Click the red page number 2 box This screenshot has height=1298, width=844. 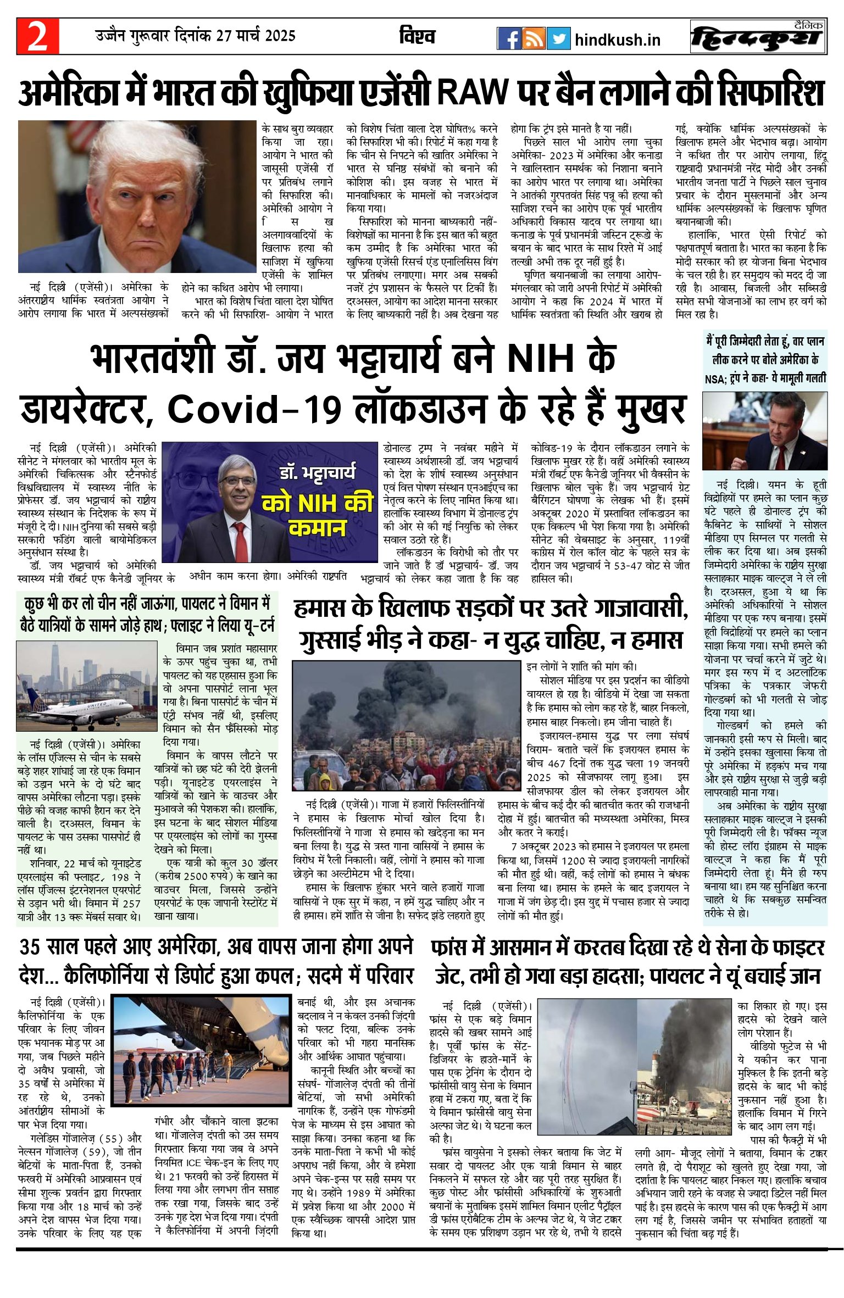coord(37,36)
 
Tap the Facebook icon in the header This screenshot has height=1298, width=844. coord(509,38)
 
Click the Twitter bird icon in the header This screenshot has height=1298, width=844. coord(558,38)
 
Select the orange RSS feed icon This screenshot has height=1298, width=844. coord(534,38)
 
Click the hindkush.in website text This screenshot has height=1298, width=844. coord(617,40)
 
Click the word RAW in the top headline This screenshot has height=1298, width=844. coord(473,92)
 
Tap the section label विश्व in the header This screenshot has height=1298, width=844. coord(417,37)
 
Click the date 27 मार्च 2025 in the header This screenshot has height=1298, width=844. coord(256,36)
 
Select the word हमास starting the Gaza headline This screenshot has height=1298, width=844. coord(319,609)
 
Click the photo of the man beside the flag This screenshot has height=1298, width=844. coord(764,431)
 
